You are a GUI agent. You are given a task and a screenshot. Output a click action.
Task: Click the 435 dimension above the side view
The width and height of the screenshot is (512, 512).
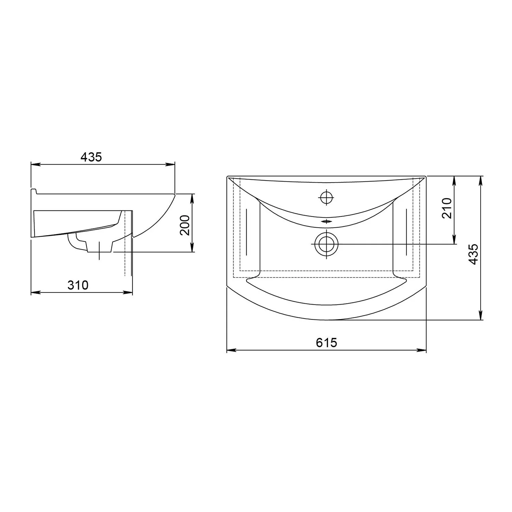tap(91, 157)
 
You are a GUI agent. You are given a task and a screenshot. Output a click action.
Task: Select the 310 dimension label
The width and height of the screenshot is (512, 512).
tap(78, 285)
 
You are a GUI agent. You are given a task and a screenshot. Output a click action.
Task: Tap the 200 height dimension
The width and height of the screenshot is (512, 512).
tap(185, 225)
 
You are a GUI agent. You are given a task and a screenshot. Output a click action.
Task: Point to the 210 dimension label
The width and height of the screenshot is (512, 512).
tap(447, 208)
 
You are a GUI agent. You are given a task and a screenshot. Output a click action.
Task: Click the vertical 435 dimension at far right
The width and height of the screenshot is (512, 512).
tap(473, 254)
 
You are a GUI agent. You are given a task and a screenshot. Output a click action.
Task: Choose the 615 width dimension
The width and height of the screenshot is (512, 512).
tap(326, 342)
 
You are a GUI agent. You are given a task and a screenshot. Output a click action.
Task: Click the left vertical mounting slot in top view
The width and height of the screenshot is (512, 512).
tap(246, 232)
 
